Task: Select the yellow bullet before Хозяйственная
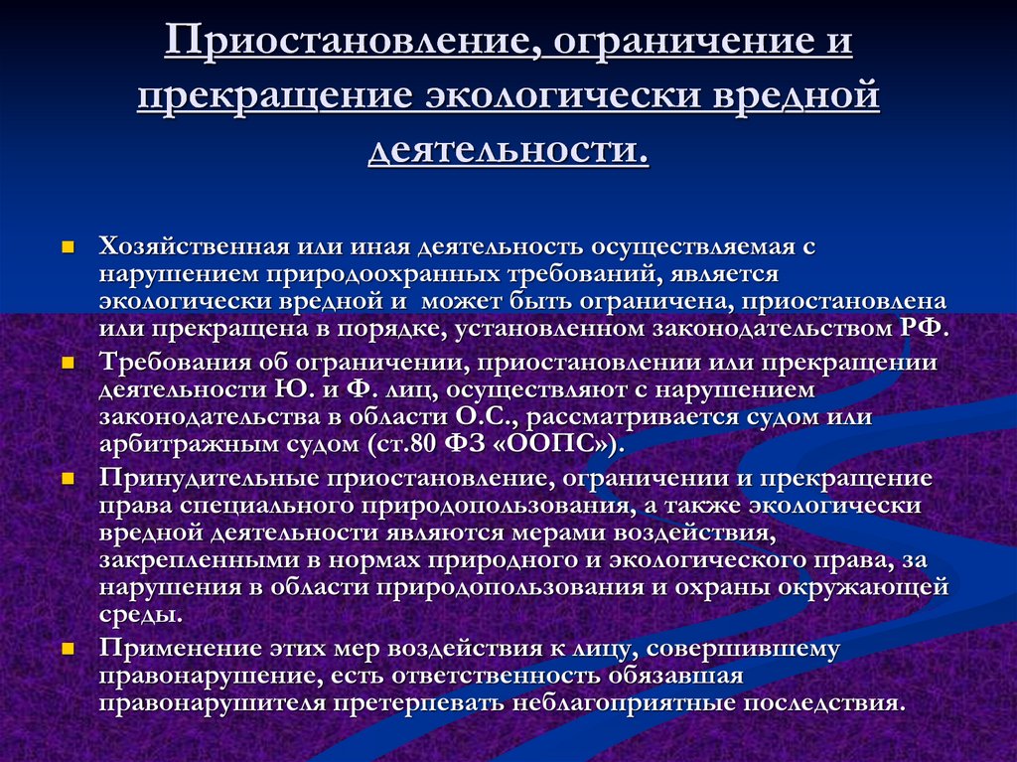point(68,247)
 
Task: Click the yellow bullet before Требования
point(68,363)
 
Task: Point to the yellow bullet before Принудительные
point(68,479)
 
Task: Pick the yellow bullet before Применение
point(68,649)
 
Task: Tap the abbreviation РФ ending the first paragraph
point(924,328)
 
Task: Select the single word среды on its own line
point(141,615)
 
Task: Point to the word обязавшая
point(675,676)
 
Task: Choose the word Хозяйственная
point(194,246)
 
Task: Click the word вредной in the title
point(796,94)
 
